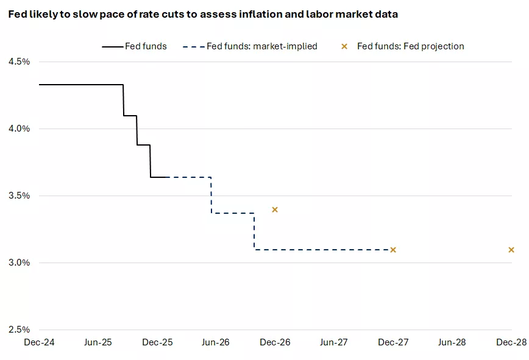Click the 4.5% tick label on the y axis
(x=18, y=62)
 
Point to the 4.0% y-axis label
(x=18, y=129)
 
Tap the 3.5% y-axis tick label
(x=18, y=196)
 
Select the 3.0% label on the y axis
(x=18, y=263)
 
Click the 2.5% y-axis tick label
(x=18, y=330)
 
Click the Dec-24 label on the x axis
(x=39, y=342)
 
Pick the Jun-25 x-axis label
(x=98, y=342)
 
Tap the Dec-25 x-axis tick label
(x=157, y=342)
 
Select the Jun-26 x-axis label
(x=216, y=342)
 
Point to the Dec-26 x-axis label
(x=275, y=342)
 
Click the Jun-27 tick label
(x=334, y=342)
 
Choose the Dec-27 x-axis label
(x=393, y=342)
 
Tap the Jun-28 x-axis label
(x=452, y=342)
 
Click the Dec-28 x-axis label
(x=511, y=342)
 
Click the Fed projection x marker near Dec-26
(x=275, y=210)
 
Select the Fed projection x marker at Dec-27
(x=393, y=250)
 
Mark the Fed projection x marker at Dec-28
(x=511, y=250)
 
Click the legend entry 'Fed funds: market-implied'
(x=262, y=46)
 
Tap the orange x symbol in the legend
(x=344, y=46)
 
